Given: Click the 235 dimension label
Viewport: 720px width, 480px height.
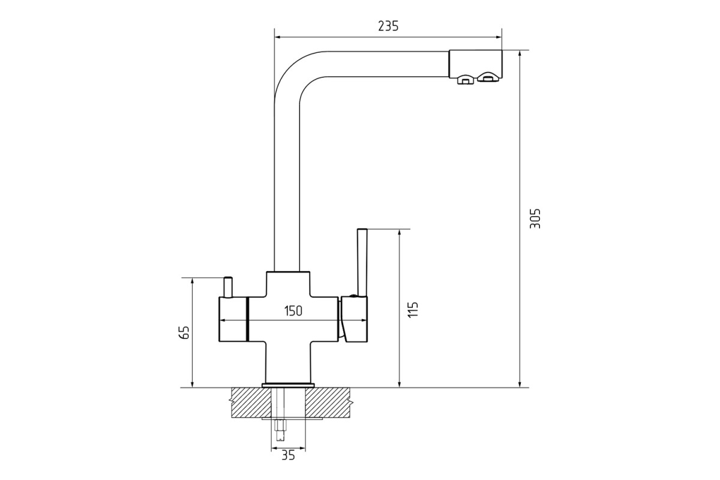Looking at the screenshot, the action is tap(388, 26).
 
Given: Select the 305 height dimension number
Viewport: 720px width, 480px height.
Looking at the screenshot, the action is tap(535, 218).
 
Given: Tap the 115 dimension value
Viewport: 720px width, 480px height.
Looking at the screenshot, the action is tap(413, 309).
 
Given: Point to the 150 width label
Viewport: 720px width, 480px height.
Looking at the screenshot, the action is tap(293, 311).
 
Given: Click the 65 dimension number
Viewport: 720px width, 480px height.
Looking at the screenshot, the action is tap(184, 332).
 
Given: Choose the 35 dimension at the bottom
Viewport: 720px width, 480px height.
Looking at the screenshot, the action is tap(288, 455).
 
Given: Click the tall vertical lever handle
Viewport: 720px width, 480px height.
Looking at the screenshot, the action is tap(362, 262).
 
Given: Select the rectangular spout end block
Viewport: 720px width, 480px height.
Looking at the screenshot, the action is tap(475, 64).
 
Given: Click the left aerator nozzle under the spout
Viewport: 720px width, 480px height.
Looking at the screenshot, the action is tap(466, 79).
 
